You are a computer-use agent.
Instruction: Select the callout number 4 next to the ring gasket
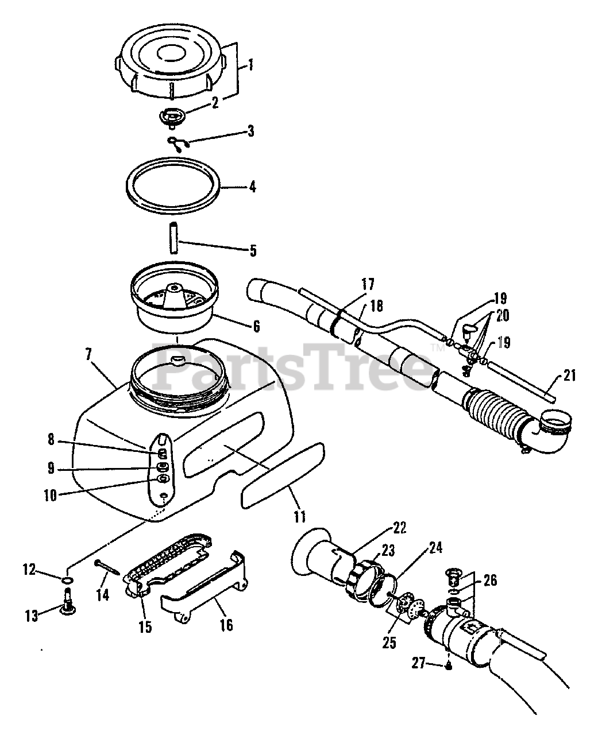click(x=253, y=187)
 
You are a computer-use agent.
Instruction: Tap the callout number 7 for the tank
click(x=88, y=354)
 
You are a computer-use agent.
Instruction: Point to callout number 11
click(x=299, y=516)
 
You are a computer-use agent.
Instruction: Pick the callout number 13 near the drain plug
click(x=31, y=616)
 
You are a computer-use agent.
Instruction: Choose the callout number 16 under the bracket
click(x=226, y=624)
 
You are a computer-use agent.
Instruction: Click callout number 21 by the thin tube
click(x=569, y=376)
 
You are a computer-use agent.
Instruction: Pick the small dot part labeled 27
click(x=450, y=666)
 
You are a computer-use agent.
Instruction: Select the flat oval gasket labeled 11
click(x=283, y=473)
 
